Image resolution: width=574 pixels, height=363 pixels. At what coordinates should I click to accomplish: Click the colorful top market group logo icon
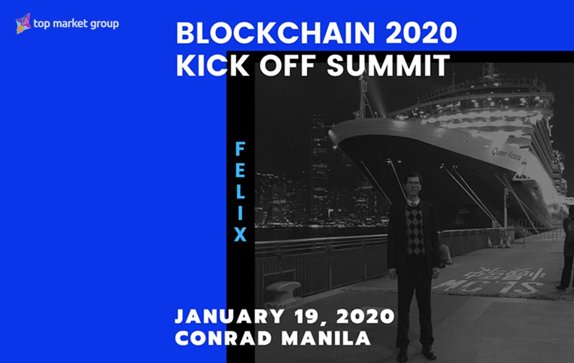(x=23, y=24)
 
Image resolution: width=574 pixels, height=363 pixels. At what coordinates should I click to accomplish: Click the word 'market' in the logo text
(x=71, y=24)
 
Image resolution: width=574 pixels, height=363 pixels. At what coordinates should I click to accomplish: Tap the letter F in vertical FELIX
(x=240, y=149)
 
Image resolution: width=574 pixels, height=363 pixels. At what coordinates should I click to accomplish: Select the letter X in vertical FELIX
(x=240, y=235)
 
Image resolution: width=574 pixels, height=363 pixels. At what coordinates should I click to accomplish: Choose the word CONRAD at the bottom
(x=221, y=338)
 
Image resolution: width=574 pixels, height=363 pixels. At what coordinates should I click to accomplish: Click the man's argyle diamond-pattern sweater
(x=415, y=229)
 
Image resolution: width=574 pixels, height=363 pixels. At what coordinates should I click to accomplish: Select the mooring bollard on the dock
(x=283, y=291)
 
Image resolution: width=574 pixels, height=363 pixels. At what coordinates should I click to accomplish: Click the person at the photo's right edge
(x=567, y=247)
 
